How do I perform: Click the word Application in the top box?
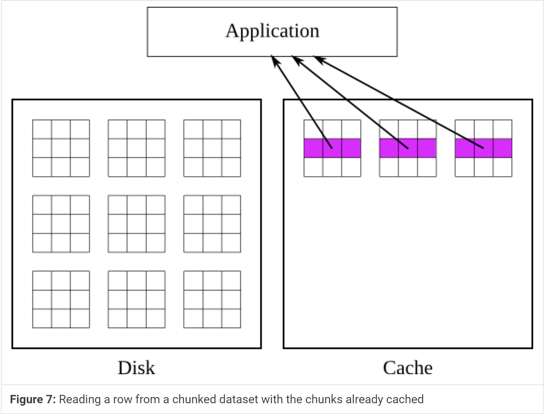272,31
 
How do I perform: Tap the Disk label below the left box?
136,368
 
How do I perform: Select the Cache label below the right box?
408,368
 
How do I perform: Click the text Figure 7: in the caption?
33,399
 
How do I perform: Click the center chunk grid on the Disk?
137,224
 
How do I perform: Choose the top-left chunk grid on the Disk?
61,148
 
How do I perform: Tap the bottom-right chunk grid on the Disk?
212,299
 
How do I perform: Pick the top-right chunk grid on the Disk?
212,148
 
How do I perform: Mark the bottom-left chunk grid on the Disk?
61,299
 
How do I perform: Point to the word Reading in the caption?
80,399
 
